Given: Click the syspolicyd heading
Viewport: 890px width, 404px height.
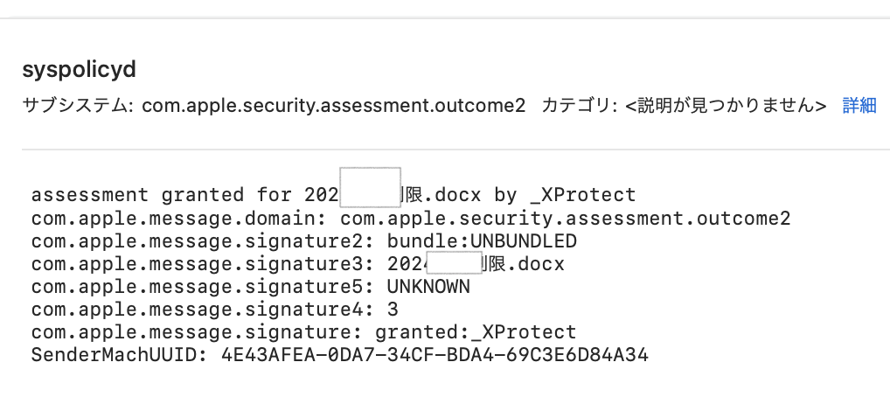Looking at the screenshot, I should tap(80, 71).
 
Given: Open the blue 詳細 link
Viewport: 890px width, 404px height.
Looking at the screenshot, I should tap(859, 106).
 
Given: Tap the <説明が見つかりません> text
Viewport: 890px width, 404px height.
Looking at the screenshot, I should tap(726, 106).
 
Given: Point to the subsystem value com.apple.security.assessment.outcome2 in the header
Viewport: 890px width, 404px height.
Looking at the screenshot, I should tap(334, 106).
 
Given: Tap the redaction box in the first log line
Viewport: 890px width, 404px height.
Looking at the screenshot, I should tap(370, 186).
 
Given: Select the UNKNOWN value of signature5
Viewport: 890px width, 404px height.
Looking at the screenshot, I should tap(428, 286).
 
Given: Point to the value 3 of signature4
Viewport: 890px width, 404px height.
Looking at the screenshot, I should tap(393, 309).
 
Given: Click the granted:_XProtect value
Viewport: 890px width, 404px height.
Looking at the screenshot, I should tap(476, 332).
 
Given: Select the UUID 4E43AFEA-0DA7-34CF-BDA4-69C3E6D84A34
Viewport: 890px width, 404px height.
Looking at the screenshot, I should tap(435, 355).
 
